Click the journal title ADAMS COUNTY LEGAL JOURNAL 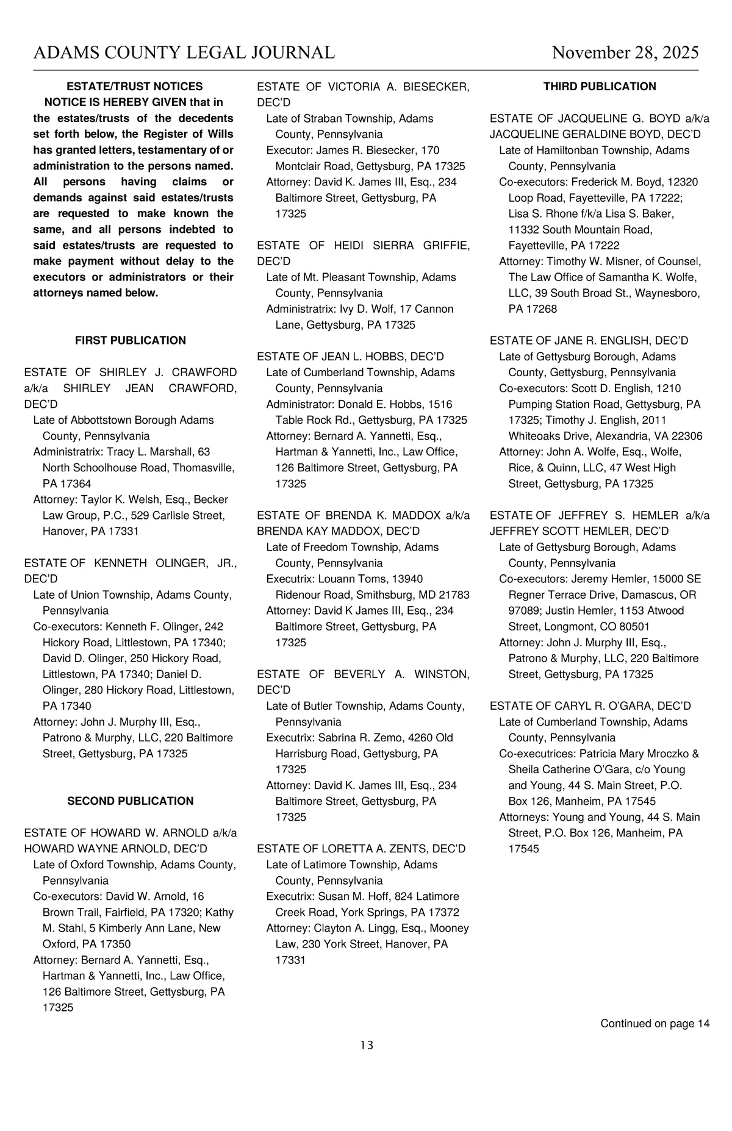pos(184,53)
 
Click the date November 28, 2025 pos(625,53)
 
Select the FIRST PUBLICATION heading pos(130,340)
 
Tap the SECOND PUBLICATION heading pos(130,801)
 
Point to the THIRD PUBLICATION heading pos(600,87)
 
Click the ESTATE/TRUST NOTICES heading pos(134,87)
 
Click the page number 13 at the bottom pos(366,1045)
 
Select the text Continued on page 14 pos(655,1023)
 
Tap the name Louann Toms pos(357,579)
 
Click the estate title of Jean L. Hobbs pos(350,357)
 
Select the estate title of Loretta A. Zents pos(361,849)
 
